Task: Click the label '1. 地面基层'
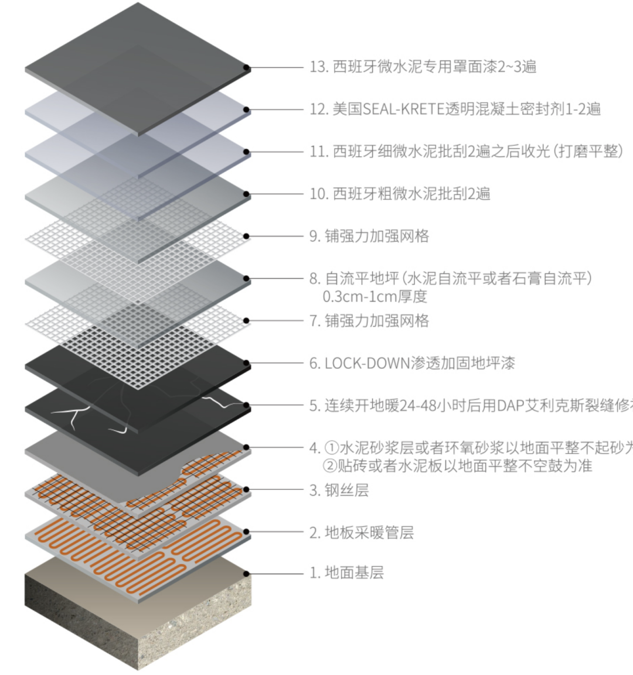click(346, 572)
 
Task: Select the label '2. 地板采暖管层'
click(362, 532)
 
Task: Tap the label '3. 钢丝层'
click(339, 490)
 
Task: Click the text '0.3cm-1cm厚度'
click(375, 296)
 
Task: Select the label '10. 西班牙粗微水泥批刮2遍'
click(400, 194)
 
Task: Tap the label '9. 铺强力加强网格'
click(369, 236)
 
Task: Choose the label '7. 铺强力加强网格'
click(369, 321)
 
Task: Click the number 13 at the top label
click(317, 67)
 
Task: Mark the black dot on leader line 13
click(247, 68)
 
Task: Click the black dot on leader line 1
click(247, 574)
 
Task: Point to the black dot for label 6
click(247, 364)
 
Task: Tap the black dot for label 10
click(247, 194)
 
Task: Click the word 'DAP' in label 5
click(509, 405)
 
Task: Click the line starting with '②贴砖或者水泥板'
click(457, 466)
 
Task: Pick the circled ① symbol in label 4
click(331, 448)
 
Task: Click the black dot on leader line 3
click(247, 490)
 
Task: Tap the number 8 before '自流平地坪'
click(314, 279)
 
